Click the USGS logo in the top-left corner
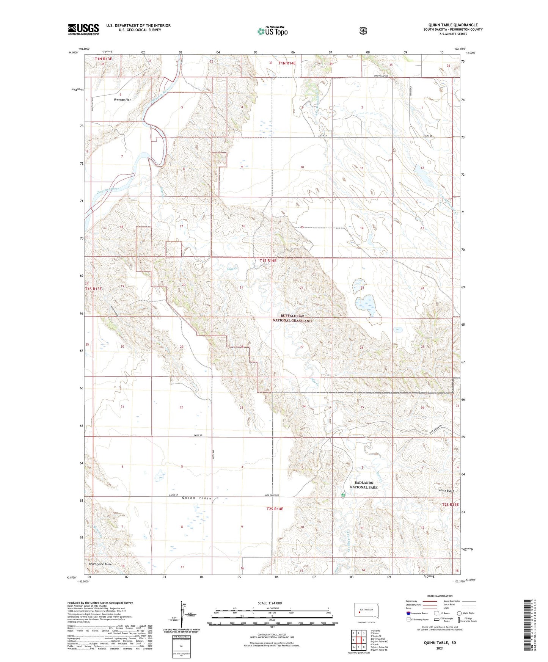[x=83, y=29]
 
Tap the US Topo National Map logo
[x=272, y=31]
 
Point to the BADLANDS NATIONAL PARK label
[x=363, y=485]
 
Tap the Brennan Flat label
[x=122, y=100]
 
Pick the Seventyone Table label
[x=100, y=565]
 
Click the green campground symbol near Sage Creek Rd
[x=343, y=495]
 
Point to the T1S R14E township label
[x=268, y=261]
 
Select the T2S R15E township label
[x=450, y=505]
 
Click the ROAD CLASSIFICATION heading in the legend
[x=440, y=596]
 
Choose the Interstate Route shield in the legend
[x=408, y=613]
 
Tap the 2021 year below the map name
[x=440, y=648]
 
